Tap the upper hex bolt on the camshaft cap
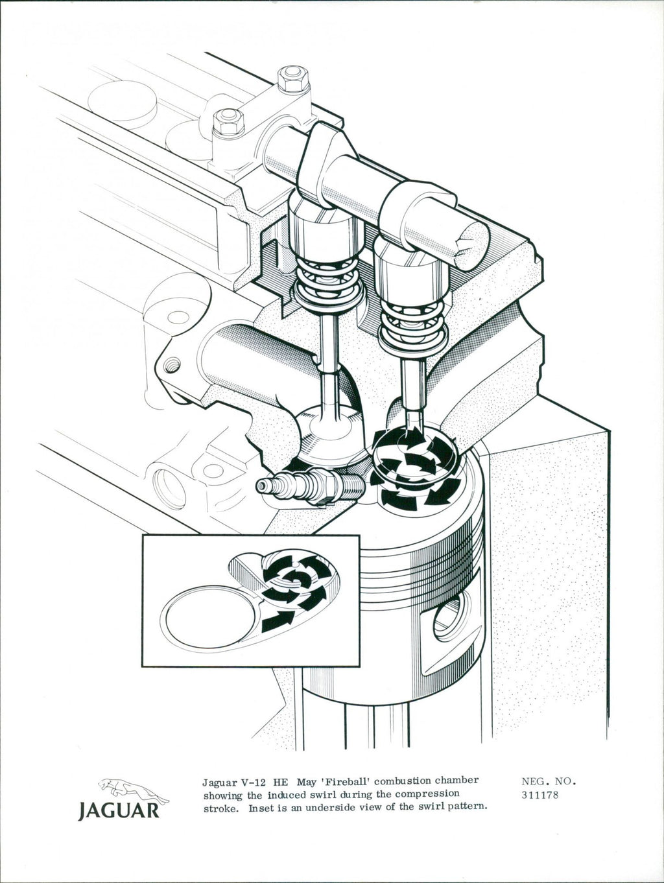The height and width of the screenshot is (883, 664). (x=293, y=79)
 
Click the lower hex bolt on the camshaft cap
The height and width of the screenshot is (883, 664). (x=228, y=123)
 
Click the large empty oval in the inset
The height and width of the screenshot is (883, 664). (x=210, y=620)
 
